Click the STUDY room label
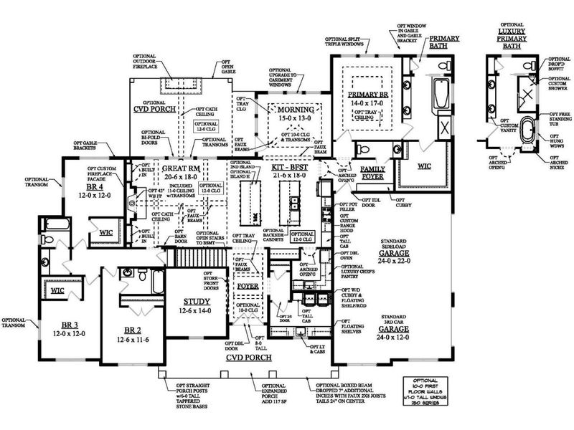pyautogui.click(x=196, y=302)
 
